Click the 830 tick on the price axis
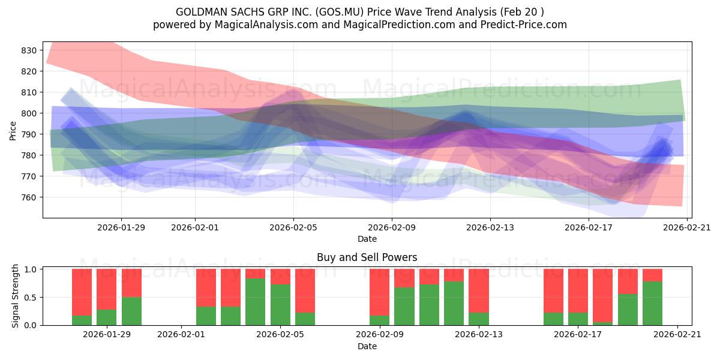[29, 50]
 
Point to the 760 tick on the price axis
[29, 197]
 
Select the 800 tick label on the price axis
[29, 113]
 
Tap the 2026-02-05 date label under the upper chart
[293, 227]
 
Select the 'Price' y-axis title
[13, 130]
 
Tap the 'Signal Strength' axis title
[16, 296]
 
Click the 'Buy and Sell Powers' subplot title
[367, 257]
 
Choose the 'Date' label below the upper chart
[367, 239]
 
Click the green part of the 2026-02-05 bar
[280, 305]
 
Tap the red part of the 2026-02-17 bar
[578, 290]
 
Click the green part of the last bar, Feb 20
[652, 304]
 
